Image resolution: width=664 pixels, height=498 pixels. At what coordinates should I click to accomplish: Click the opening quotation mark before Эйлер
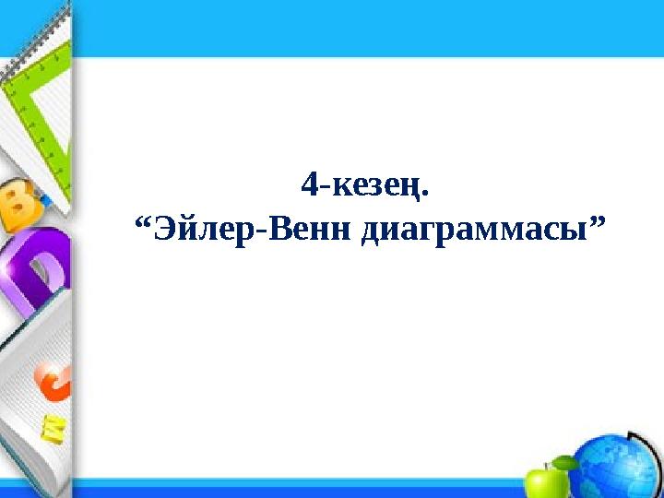click(144, 220)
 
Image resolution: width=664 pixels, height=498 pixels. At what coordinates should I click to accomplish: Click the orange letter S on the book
click(53, 381)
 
